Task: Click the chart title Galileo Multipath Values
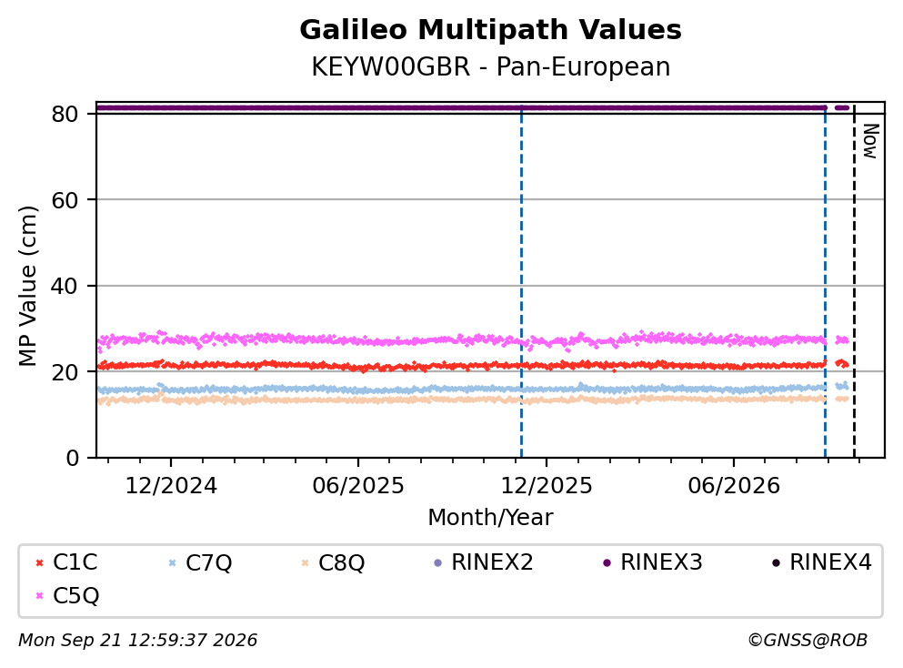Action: (490, 30)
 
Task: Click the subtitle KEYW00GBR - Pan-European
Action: (491, 66)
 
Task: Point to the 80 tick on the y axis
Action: (65, 114)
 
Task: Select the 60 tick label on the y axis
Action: (65, 200)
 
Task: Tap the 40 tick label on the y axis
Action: (65, 286)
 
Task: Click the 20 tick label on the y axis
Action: (65, 371)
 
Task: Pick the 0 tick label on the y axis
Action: (72, 458)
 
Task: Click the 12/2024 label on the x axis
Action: (171, 486)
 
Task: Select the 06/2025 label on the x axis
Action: (358, 486)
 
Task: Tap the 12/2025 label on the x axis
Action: (546, 486)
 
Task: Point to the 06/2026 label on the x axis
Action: (734, 486)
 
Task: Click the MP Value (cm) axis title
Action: (27, 286)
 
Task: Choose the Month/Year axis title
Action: (490, 518)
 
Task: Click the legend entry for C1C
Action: (66, 562)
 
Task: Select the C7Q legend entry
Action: (200, 562)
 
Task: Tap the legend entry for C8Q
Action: (333, 562)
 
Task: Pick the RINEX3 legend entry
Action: (653, 562)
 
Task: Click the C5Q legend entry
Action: (67, 595)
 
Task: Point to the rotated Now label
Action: (870, 141)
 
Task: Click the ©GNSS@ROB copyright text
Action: (808, 640)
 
